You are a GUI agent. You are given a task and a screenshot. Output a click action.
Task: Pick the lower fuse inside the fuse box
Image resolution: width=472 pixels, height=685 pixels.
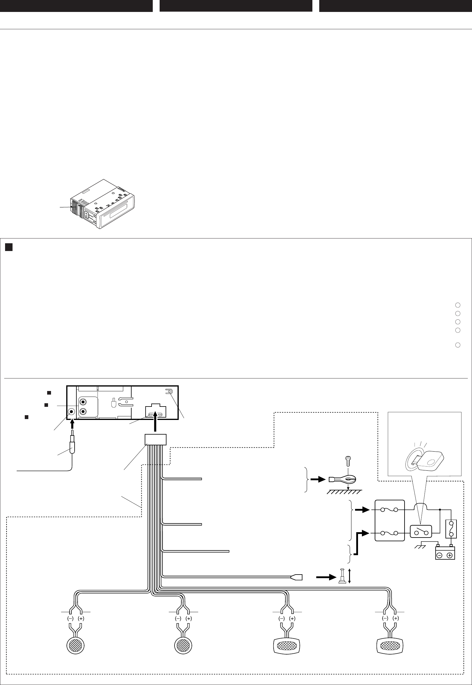(389, 533)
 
